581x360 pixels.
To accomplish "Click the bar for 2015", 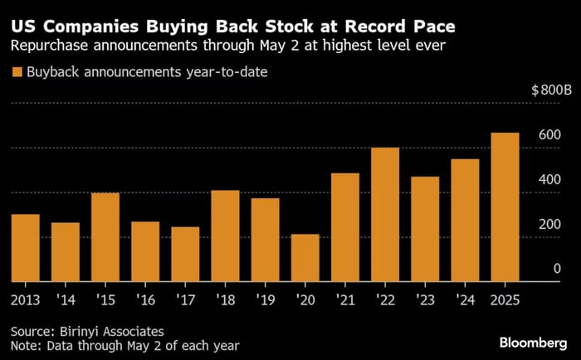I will [x=105, y=237].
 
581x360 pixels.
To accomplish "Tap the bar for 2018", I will [x=225, y=236].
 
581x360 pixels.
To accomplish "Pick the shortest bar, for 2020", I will [x=305, y=258].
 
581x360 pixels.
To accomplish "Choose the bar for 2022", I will [x=385, y=215].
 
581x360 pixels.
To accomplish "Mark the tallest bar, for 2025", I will [x=505, y=207].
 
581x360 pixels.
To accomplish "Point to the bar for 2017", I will [x=185, y=254].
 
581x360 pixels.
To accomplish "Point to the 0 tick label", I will [x=558, y=270].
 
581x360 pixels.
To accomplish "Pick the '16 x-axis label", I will [x=145, y=299].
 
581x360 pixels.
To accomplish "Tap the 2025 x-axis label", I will [x=505, y=299].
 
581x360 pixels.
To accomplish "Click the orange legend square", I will [x=17, y=72].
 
